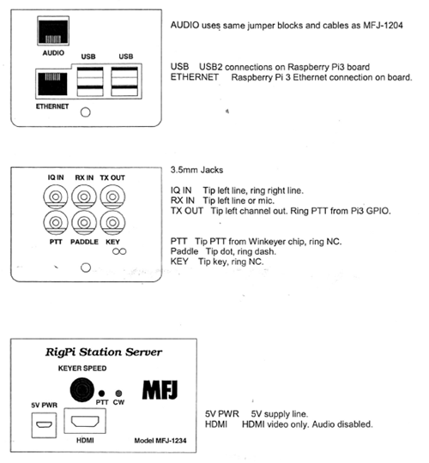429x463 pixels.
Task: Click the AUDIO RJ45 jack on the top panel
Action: point(53,31)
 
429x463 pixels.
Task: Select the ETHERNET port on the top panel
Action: point(52,84)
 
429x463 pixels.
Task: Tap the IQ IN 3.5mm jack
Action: point(56,196)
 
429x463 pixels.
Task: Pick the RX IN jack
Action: point(84,196)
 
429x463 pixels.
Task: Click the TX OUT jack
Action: point(112,196)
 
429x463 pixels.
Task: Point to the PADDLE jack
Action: point(84,222)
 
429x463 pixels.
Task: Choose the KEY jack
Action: point(112,222)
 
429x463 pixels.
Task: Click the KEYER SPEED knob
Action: point(82,390)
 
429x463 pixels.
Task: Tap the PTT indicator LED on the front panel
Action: point(101,394)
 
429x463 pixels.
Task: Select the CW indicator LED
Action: point(118,394)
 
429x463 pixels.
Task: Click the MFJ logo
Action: point(160,390)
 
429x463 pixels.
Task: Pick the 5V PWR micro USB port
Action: point(44,425)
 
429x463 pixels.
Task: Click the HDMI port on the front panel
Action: point(85,421)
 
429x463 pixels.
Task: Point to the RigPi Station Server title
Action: point(104,352)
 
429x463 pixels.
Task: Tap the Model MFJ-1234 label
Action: point(160,441)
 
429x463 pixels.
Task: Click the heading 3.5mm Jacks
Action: point(196,170)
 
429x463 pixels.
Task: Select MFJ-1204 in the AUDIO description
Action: point(383,26)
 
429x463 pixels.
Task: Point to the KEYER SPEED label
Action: point(82,368)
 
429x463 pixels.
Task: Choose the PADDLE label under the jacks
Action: point(84,242)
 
